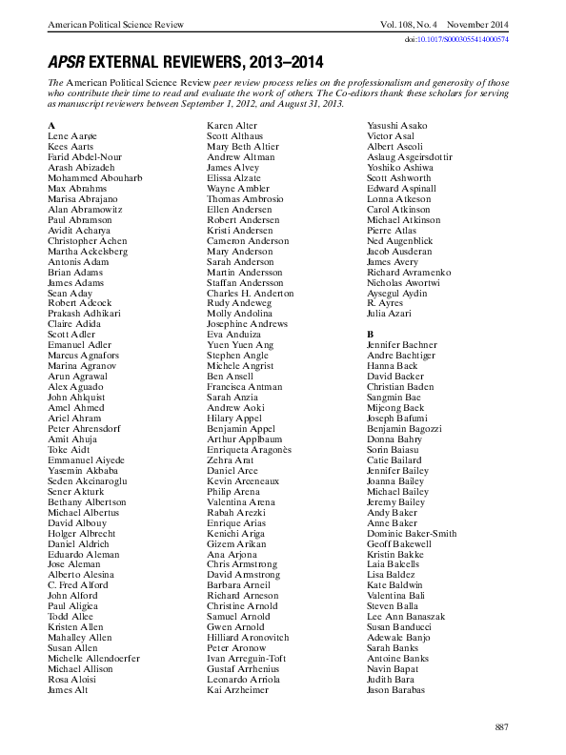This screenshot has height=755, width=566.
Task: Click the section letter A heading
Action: pyautogui.click(x=51, y=126)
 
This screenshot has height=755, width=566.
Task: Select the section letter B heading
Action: pyautogui.click(x=371, y=334)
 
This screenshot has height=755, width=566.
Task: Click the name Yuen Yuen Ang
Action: pyautogui.click(x=239, y=344)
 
